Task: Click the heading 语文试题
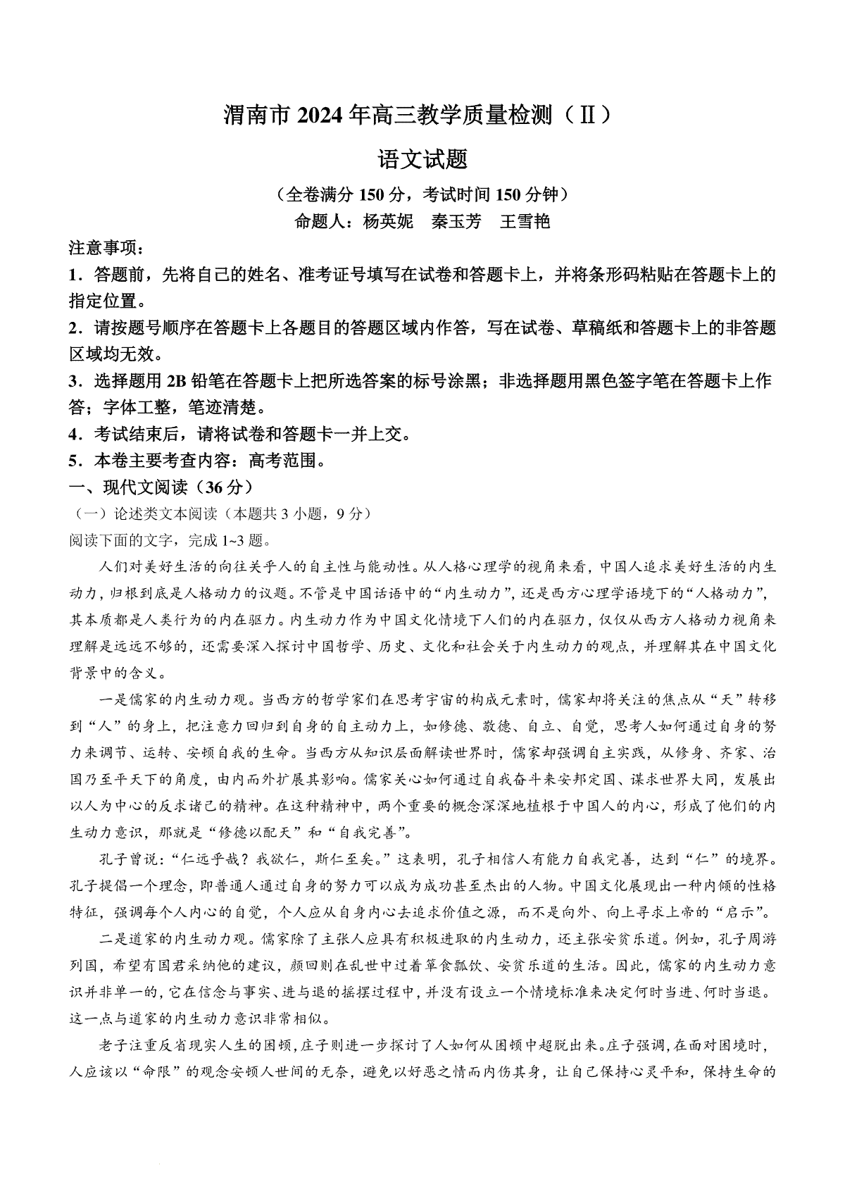tap(423, 158)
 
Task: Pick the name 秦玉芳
tap(456, 221)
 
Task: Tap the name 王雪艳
tap(524, 221)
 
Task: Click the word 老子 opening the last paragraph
tap(111, 1045)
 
